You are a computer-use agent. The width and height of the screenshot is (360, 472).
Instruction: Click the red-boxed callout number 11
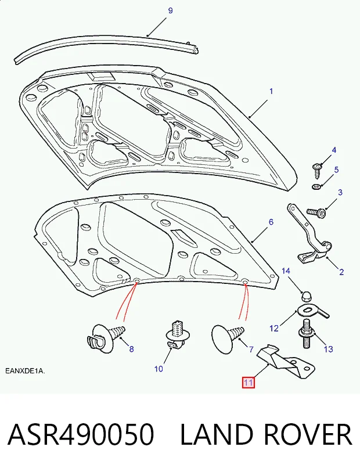(249, 383)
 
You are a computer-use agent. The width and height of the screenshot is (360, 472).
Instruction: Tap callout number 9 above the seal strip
(170, 11)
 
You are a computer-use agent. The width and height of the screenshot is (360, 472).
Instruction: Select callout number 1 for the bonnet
(271, 91)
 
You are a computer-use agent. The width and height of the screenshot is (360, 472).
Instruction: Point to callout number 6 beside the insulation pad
(271, 222)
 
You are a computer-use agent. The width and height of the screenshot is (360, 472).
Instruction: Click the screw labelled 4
(318, 170)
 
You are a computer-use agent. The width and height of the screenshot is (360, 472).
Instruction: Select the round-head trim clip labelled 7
(227, 338)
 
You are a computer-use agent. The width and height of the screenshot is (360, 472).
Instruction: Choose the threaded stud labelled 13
(307, 334)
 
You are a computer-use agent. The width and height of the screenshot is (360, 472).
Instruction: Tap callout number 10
(159, 369)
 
